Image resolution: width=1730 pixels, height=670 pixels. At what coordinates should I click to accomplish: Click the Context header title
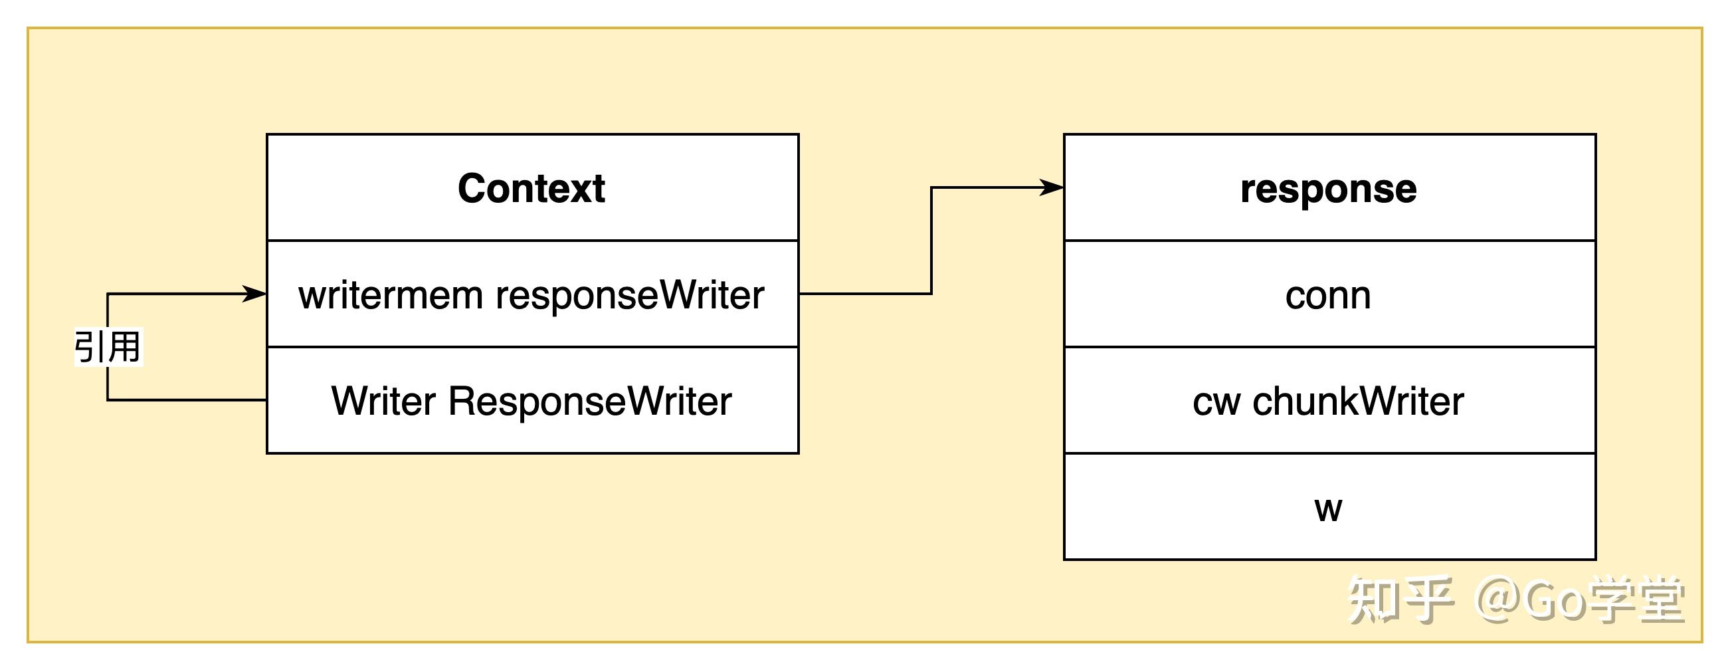(x=531, y=188)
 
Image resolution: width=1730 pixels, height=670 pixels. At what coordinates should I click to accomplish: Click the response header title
(x=1329, y=189)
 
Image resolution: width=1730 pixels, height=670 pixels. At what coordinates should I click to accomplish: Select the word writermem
(x=390, y=295)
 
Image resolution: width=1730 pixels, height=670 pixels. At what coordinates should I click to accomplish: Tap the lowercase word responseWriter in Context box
(x=630, y=295)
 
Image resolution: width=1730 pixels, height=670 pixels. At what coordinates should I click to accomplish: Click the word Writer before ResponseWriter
(x=383, y=401)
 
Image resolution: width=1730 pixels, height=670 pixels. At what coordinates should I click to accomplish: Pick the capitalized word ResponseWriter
(x=590, y=401)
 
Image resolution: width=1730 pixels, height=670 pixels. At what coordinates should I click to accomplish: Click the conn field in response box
(x=1327, y=295)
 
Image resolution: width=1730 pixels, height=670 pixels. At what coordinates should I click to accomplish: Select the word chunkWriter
(x=1358, y=401)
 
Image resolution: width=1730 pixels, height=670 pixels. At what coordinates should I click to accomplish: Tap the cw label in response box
(x=1216, y=402)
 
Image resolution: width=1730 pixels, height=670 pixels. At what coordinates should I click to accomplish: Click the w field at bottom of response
(x=1327, y=508)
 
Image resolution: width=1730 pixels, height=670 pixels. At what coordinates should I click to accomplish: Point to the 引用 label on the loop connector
(x=108, y=347)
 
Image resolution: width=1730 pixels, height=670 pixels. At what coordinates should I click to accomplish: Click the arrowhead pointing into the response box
(x=1052, y=187)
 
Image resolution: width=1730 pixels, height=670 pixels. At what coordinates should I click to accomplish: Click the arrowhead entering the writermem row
(x=255, y=294)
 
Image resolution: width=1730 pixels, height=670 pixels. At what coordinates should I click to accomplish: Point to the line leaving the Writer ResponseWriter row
(x=188, y=401)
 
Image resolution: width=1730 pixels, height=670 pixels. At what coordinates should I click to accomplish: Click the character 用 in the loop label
(x=124, y=347)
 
